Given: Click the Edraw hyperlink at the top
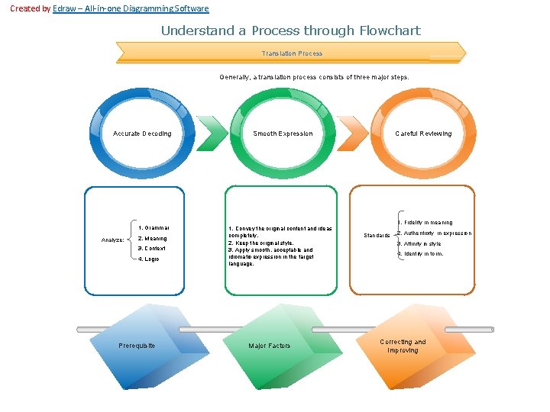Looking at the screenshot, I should [x=130, y=8].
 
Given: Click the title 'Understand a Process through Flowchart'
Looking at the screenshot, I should [x=290, y=31].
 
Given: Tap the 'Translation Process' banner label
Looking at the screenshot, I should [x=292, y=53].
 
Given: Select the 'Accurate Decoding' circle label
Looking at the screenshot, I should [x=142, y=134].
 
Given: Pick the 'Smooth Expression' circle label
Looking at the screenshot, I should [x=283, y=134].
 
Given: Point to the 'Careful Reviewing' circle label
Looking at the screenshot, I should [x=423, y=134].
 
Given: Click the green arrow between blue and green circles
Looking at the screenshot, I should [x=212, y=134].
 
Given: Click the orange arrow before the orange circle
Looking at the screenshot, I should [x=354, y=134].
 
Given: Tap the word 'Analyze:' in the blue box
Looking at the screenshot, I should [x=113, y=240].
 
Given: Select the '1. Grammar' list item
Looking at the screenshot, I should [x=154, y=227].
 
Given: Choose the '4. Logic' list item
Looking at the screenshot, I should [x=149, y=259].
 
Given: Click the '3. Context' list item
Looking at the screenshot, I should [x=152, y=249].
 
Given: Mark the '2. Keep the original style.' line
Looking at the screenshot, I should [x=260, y=243].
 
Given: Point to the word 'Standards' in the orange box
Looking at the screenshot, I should [x=377, y=236].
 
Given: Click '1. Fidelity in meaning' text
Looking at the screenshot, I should [x=425, y=223].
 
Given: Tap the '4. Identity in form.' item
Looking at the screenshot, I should [x=420, y=254].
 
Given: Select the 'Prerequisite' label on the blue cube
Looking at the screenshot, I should [x=137, y=346].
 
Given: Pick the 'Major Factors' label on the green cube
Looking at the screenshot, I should [x=270, y=346].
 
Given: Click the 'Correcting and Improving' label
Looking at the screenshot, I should [x=403, y=346].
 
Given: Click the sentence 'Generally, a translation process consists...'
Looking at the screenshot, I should [x=314, y=77].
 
